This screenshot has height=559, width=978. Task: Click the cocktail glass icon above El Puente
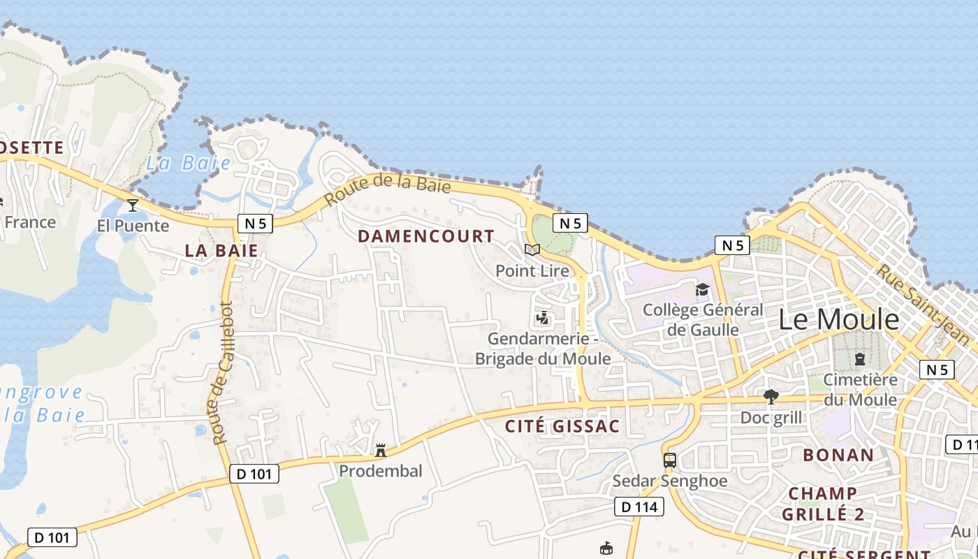pos(133,205)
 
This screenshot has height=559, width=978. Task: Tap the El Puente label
pos(133,226)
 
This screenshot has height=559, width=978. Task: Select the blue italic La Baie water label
pos(188,164)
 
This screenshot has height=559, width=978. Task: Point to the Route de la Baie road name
pos(388,188)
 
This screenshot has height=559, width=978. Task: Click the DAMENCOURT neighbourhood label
pos(426,236)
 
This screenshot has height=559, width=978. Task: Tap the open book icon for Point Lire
pos(532,249)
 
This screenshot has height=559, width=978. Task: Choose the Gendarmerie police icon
pos(542,319)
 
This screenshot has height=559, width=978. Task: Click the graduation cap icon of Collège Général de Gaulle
pos(702,289)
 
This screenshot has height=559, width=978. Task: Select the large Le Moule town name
pos(838,319)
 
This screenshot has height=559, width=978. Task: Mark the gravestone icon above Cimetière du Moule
pos(860,359)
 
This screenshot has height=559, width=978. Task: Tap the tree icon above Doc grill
pos(771,397)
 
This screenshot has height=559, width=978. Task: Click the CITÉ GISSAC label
pos(562,426)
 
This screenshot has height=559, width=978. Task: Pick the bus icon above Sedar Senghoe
pos(669,460)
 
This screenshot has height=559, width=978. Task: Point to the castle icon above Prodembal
pos(381,450)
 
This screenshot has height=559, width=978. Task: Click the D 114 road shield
pos(638,507)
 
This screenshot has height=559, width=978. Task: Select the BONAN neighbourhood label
pos(838,455)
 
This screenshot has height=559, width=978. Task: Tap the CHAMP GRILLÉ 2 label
pos(823,504)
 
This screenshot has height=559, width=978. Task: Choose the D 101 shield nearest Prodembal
pos(254,474)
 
